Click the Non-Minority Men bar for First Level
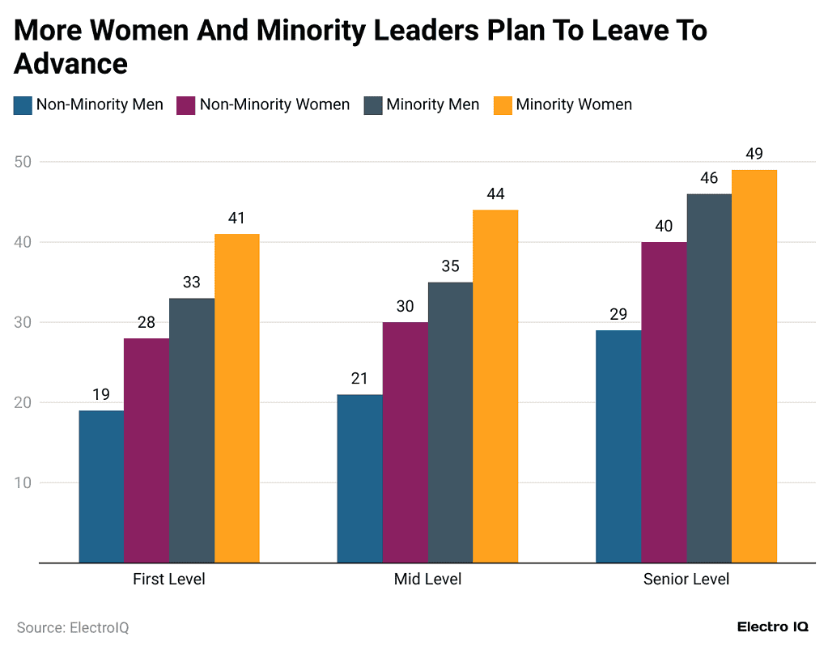point(101,486)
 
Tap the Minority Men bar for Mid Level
point(450,422)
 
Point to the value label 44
point(495,194)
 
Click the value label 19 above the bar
point(101,395)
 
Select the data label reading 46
point(709,178)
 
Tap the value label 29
point(618,315)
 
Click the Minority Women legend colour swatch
point(503,105)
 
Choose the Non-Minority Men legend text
point(100,105)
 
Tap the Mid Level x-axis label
point(427,580)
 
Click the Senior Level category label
point(686,580)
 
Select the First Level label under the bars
point(169,580)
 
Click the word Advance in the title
point(71,63)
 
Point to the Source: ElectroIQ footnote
point(73,627)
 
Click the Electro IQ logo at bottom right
point(772,627)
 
